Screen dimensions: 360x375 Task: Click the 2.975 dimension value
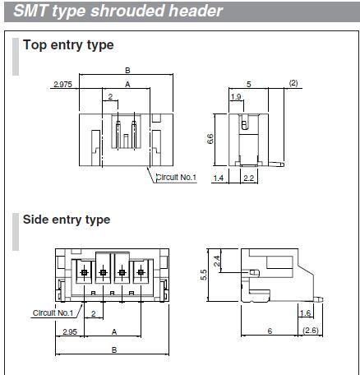[x=62, y=85]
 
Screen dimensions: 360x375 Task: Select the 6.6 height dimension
[x=210, y=139]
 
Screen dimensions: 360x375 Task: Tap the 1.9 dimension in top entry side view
[x=236, y=97]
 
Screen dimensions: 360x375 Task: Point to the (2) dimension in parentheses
[x=293, y=83]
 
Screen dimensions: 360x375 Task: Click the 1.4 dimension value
[x=219, y=178]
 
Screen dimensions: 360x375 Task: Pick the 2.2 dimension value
[x=248, y=178]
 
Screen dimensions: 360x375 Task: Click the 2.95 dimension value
[x=70, y=332]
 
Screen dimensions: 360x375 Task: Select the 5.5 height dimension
[x=204, y=275]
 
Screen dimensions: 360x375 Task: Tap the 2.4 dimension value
[x=217, y=261]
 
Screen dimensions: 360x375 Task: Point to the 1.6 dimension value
[x=306, y=313]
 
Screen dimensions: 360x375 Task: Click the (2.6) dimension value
[x=311, y=331]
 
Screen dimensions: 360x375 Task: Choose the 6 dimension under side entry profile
[x=270, y=331]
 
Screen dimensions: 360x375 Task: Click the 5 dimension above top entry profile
[x=249, y=84]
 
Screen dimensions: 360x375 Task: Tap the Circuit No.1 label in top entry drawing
[x=176, y=178]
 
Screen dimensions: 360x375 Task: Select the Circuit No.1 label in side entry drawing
[x=53, y=312]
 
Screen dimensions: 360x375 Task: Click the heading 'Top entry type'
[x=68, y=45]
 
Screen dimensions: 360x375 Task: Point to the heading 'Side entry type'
[x=67, y=220]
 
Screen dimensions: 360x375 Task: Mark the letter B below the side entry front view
[x=114, y=350]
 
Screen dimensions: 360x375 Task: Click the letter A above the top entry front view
[x=127, y=85]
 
